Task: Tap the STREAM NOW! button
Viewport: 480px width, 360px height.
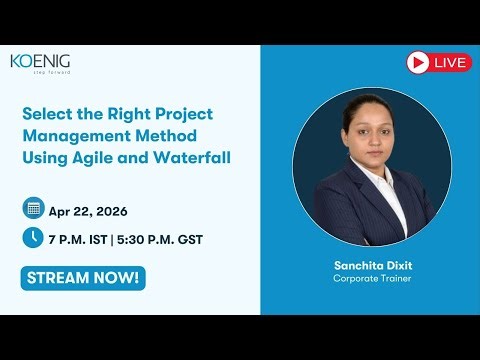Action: click(x=82, y=277)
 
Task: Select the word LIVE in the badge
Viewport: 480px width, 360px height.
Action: click(x=451, y=63)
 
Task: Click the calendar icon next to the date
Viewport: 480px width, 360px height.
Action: click(x=33, y=209)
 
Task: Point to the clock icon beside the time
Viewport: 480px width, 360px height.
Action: click(x=33, y=237)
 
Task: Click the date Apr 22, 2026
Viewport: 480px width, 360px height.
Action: click(x=87, y=210)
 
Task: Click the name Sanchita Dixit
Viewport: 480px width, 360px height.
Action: click(x=371, y=266)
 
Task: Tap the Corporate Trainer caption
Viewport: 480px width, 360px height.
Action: click(x=371, y=279)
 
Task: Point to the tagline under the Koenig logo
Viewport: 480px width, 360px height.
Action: click(x=49, y=73)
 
